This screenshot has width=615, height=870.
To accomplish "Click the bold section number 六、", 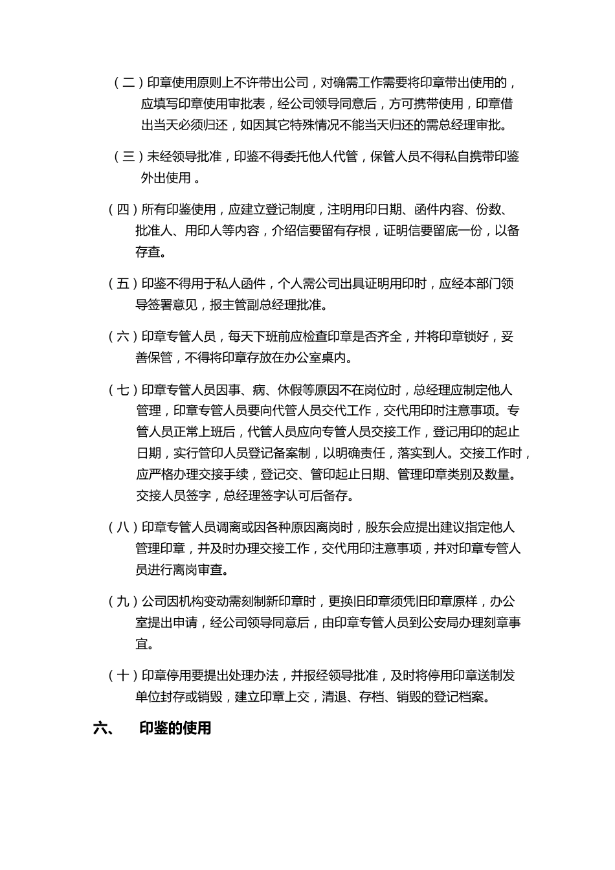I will [104, 728].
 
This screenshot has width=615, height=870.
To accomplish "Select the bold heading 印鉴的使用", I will [175, 728].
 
